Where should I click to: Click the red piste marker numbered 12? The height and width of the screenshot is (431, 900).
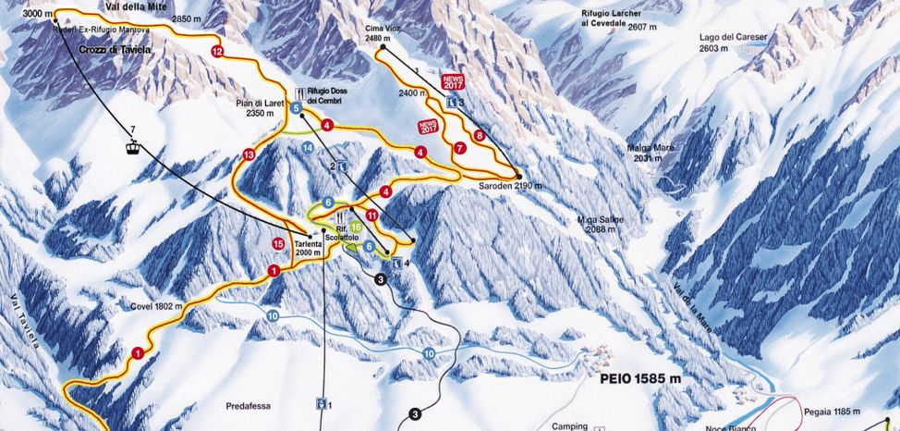click(217, 52)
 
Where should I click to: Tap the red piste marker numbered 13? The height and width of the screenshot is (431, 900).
click(248, 154)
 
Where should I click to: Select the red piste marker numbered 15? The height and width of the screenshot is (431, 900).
click(278, 243)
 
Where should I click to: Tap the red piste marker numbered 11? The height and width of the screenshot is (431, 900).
click(371, 215)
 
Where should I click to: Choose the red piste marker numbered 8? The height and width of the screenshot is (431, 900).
click(479, 136)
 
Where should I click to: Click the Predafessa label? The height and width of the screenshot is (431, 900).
click(249, 405)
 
